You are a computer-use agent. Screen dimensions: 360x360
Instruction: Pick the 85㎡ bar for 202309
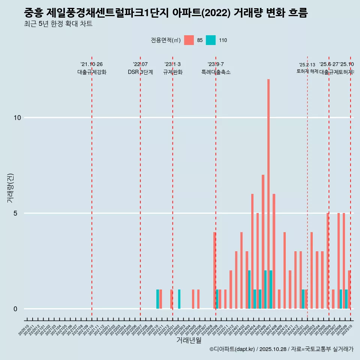click(214, 270)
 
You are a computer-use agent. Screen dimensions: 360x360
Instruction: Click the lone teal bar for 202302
click(179, 299)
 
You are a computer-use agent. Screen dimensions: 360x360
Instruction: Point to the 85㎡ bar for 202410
click(285, 270)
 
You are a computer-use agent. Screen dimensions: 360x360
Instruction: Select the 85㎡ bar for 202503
click(312, 270)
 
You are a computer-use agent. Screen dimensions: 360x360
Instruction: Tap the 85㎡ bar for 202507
click(333, 299)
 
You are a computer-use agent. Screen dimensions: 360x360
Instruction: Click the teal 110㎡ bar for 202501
click(303, 299)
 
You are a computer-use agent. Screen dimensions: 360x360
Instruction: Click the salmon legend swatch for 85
click(189, 40)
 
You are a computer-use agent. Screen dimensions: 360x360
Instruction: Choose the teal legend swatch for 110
click(211, 40)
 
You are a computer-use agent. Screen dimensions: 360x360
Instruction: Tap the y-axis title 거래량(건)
click(10, 187)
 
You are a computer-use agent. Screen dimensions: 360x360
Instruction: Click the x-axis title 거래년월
click(189, 340)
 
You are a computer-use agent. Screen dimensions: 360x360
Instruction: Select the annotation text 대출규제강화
click(92, 72)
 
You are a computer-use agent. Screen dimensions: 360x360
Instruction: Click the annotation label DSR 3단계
click(140, 72)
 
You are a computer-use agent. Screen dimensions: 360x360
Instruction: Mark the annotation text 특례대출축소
click(216, 72)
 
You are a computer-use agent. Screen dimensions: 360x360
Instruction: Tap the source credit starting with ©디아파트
click(281, 349)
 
